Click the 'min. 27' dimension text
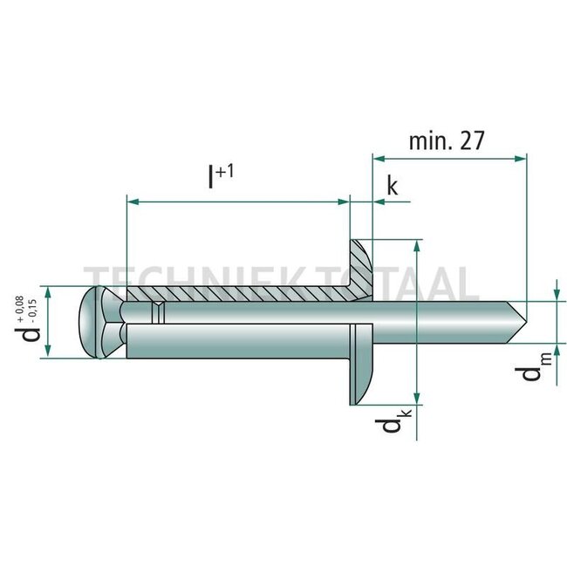coord(446,141)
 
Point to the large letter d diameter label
coord(32,332)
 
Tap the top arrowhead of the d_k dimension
coord(419,245)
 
